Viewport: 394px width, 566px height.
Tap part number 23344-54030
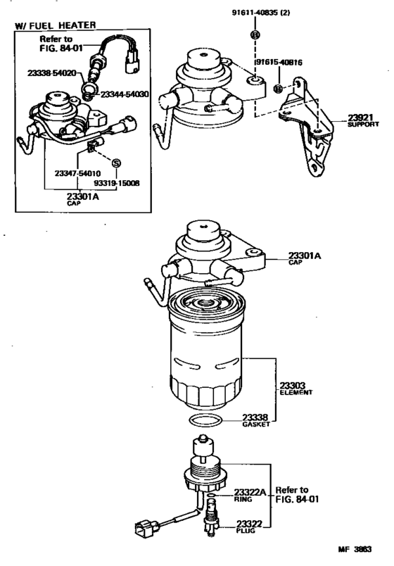click(x=125, y=94)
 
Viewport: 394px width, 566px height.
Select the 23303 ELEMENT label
click(x=293, y=387)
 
